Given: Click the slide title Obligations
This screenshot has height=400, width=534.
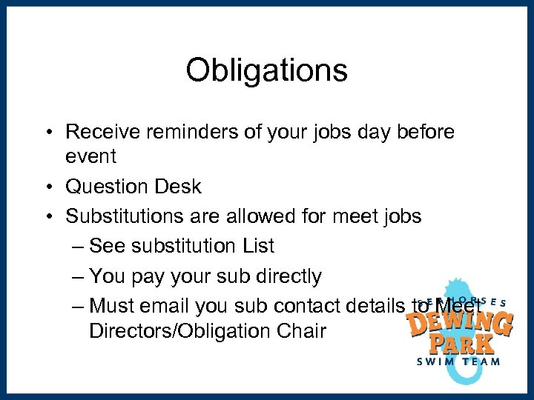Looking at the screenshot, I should pyautogui.click(x=266, y=71).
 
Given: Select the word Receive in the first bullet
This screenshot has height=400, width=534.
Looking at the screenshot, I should pyautogui.click(x=103, y=132).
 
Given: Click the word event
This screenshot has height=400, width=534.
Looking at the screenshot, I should pyautogui.click(x=91, y=156).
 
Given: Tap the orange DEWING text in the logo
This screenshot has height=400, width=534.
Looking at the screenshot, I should pyautogui.click(x=461, y=323).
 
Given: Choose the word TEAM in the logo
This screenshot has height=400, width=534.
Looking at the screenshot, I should pyautogui.click(x=480, y=361).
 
